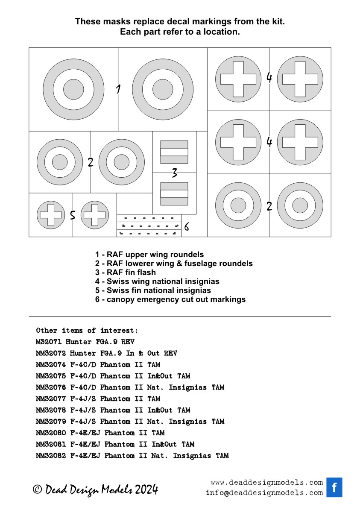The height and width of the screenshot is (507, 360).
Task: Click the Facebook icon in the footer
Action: (334, 487)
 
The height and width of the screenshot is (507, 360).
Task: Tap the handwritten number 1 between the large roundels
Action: (118, 89)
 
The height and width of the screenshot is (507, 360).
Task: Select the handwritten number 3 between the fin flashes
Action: (174, 173)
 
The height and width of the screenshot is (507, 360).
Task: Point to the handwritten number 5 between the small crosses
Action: (73, 215)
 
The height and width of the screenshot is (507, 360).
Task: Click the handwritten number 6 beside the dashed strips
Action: (187, 227)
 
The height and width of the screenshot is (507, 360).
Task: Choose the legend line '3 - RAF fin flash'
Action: (126, 273)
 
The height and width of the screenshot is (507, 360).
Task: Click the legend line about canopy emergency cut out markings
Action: (170, 299)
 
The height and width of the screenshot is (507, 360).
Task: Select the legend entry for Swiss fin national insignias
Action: (153, 290)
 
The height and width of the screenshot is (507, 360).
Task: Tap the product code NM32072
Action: (51, 354)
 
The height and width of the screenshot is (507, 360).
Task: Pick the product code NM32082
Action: (51, 456)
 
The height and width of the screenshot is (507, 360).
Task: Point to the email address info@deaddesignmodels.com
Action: (264, 493)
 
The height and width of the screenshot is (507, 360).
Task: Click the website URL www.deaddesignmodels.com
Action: (266, 483)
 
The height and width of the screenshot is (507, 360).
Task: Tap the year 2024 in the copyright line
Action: (146, 489)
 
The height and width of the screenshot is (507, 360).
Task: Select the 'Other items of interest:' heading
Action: (87, 331)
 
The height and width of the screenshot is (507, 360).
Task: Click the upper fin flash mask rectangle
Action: (174, 152)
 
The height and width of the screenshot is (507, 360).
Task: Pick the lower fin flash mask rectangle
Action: (174, 193)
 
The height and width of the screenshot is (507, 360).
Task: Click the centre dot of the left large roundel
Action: (73, 89)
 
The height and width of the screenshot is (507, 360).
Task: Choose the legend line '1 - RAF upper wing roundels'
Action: (149, 255)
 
